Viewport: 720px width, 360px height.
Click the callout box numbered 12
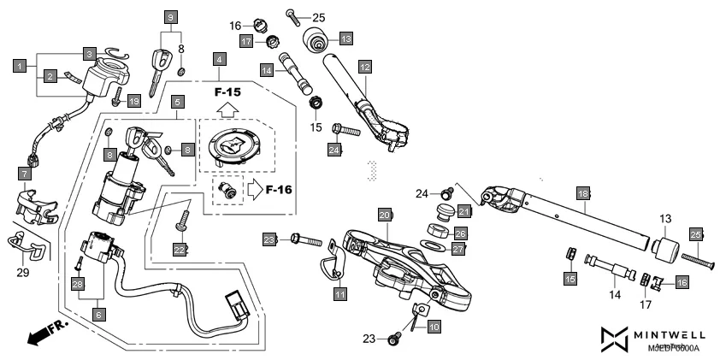click(x=365, y=66)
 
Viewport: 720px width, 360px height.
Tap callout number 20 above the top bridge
click(x=385, y=214)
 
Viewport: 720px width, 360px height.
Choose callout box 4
click(x=221, y=59)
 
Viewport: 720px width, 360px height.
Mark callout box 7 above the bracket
click(x=23, y=174)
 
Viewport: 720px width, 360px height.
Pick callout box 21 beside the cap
click(x=464, y=211)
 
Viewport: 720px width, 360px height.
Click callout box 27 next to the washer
click(x=458, y=249)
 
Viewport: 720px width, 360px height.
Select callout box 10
click(x=434, y=326)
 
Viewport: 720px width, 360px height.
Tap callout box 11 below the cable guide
click(x=340, y=294)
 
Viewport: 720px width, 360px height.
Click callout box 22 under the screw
click(x=180, y=249)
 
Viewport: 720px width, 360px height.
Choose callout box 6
click(x=98, y=315)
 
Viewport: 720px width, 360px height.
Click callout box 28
click(x=77, y=283)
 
